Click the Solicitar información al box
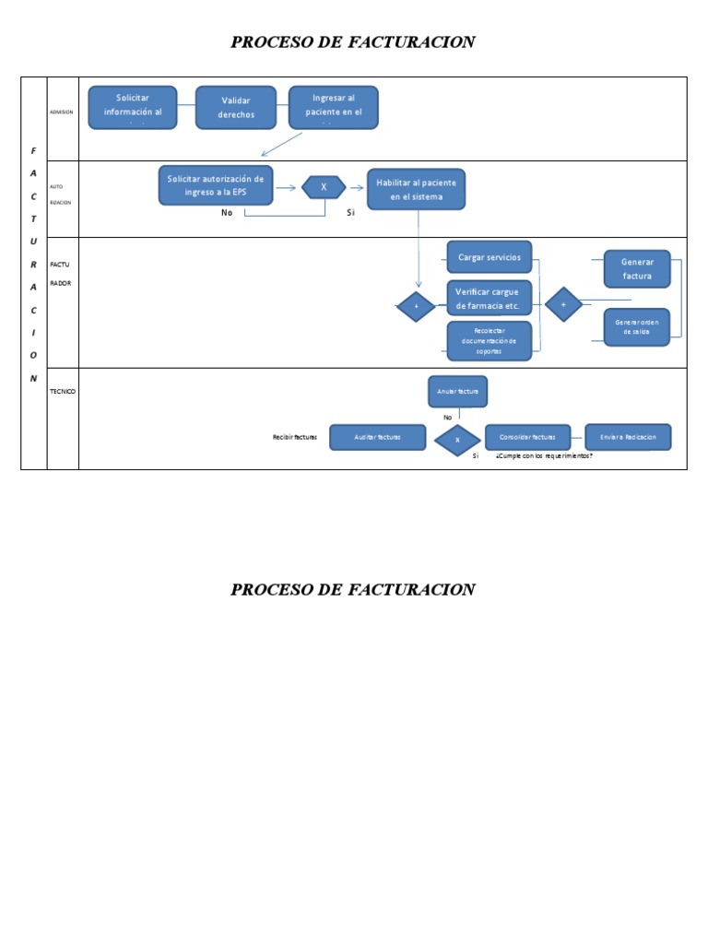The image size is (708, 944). tap(132, 107)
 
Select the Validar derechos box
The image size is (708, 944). tap(236, 107)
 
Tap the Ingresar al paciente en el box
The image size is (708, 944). tap(333, 107)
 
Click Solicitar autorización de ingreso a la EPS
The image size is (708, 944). tap(216, 185)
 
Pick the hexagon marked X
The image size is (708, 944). tap(324, 187)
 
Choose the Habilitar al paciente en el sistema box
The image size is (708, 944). tap(416, 189)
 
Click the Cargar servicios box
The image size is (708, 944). tap(490, 258)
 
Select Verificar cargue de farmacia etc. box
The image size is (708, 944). tap(490, 299)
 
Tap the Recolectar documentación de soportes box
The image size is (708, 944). tap(490, 340)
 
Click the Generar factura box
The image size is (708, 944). tap(637, 268)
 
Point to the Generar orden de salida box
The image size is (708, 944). tap(637, 326)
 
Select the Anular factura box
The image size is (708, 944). tap(458, 392)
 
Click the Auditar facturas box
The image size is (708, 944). tap(378, 437)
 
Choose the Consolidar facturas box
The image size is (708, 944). tap(527, 437)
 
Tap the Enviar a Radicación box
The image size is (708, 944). tap(628, 437)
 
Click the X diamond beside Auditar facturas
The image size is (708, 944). tap(458, 440)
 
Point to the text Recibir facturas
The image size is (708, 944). tap(295, 437)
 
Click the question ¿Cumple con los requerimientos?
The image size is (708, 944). tap(544, 456)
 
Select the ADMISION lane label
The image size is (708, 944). tap(62, 112)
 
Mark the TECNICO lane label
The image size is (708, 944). tap(63, 392)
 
